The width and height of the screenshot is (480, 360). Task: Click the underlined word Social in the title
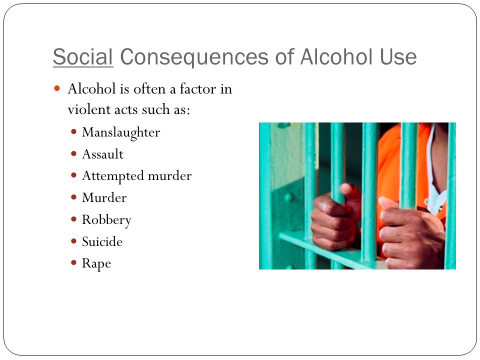(83, 57)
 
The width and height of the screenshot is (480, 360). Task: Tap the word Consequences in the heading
(194, 57)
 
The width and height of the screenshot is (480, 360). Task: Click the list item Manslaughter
(121, 132)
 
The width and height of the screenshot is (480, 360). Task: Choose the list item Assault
(102, 154)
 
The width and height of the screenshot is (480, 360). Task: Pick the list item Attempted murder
(137, 176)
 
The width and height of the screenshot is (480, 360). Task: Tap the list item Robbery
(106, 220)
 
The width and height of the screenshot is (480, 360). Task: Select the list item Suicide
(102, 241)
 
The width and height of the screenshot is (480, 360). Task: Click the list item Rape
(96, 263)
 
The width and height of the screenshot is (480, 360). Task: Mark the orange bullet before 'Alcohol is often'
(57, 89)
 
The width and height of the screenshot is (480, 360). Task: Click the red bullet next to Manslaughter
(73, 131)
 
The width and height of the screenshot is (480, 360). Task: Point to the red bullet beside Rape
(73, 262)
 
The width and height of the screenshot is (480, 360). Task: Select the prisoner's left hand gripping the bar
(409, 232)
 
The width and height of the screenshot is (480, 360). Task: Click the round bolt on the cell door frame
(288, 197)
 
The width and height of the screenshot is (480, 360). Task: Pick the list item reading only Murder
(104, 198)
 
